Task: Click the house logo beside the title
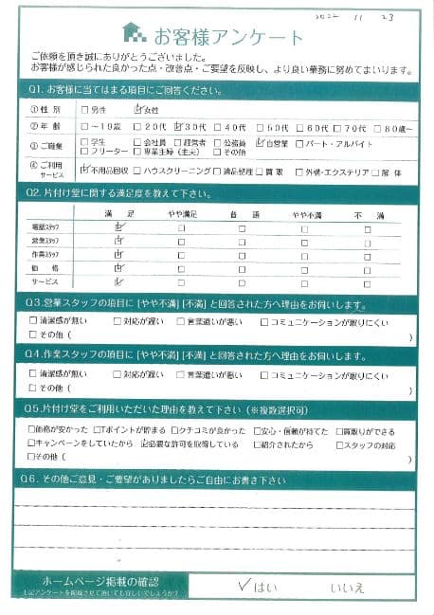(137, 35)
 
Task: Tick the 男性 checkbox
(85, 110)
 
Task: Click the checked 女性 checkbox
(138, 109)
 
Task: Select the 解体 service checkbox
(375, 172)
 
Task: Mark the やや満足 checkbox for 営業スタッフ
(181, 243)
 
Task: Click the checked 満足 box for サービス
(118, 282)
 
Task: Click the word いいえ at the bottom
(347, 588)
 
